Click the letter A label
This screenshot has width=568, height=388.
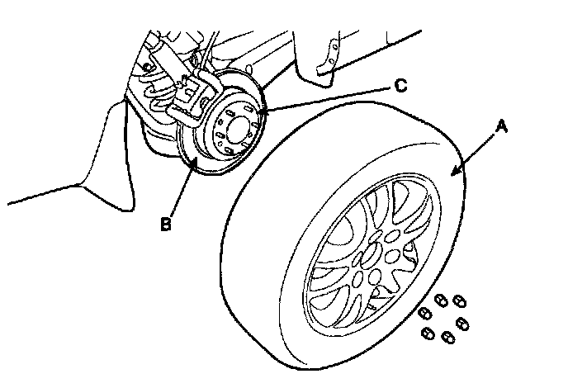[x=502, y=129]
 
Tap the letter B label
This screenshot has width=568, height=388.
[x=166, y=223]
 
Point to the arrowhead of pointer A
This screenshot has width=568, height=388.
[x=452, y=173]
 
